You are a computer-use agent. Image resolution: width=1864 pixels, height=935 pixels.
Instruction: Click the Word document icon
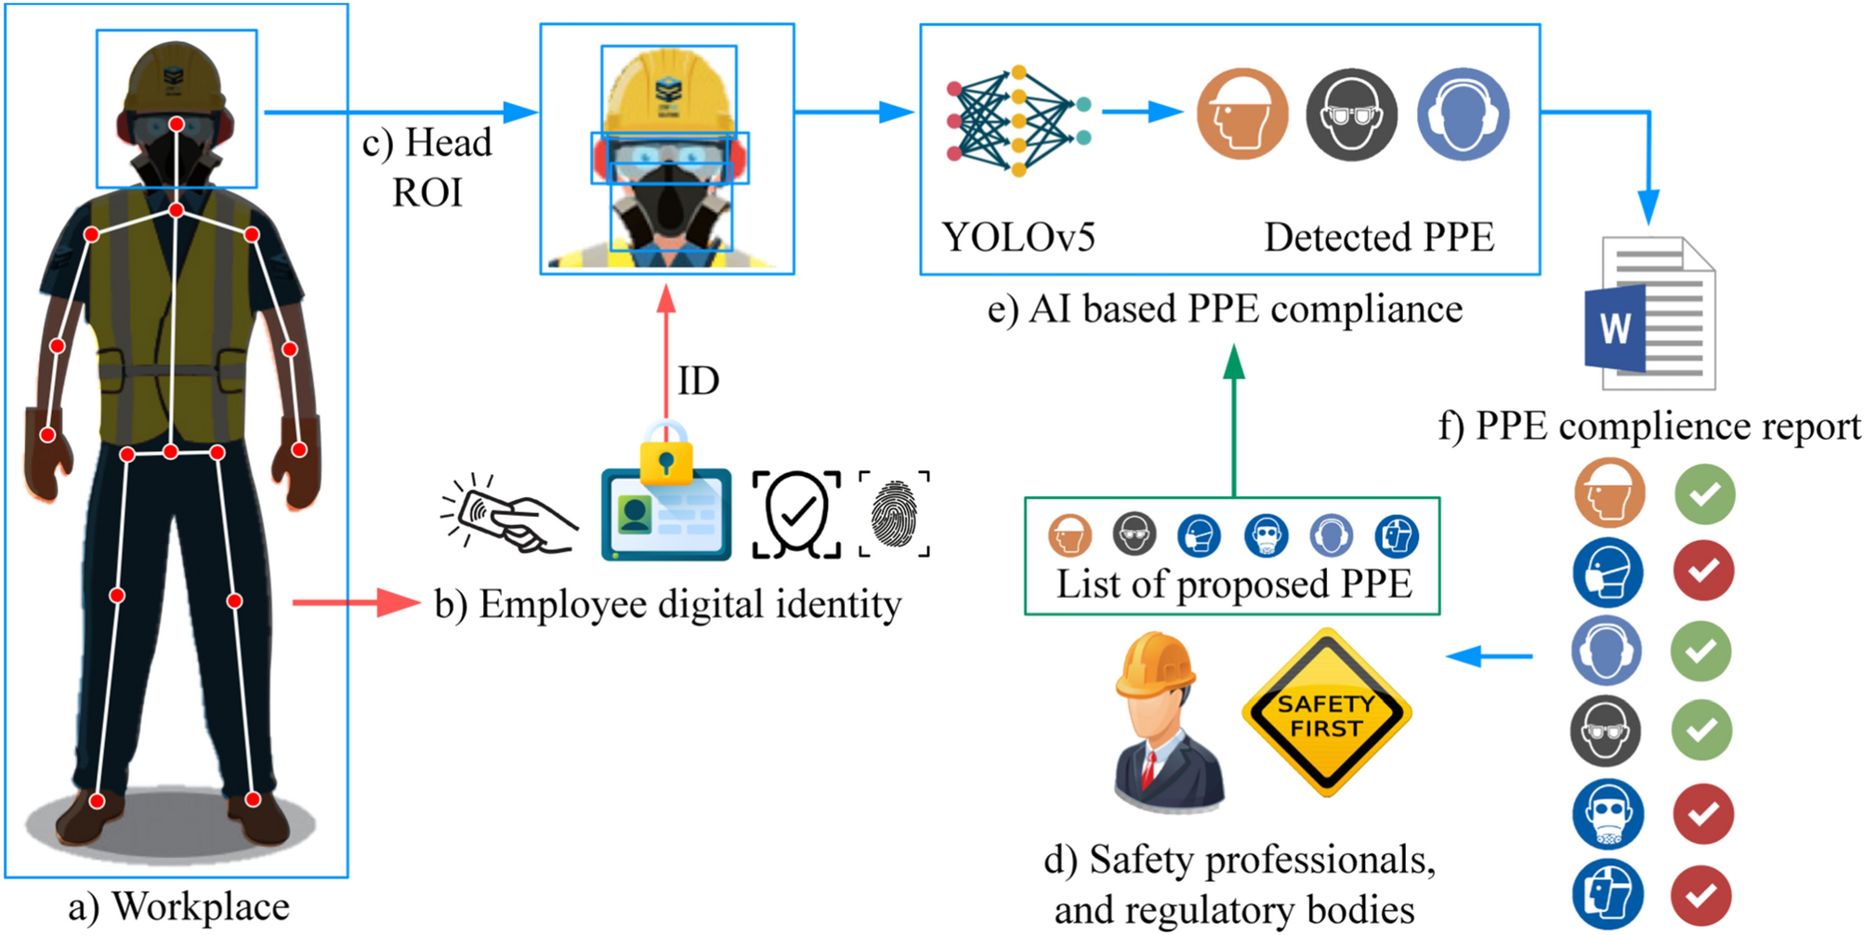click(x=1649, y=316)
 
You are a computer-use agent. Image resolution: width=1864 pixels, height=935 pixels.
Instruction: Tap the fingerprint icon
click(x=894, y=514)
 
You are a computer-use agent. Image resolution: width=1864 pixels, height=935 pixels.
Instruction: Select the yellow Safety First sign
click(x=1326, y=714)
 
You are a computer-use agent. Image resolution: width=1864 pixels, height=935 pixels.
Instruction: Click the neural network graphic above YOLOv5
click(x=1017, y=121)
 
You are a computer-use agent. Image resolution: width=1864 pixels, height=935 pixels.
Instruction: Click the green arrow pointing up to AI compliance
click(x=1233, y=418)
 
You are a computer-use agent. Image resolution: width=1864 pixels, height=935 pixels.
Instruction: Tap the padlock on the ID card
click(x=665, y=454)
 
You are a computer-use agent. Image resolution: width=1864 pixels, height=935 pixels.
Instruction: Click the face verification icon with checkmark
click(x=796, y=514)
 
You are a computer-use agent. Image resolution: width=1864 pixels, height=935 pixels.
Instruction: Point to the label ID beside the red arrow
click(x=698, y=381)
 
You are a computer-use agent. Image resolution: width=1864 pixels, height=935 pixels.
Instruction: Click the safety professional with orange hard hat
click(x=1166, y=720)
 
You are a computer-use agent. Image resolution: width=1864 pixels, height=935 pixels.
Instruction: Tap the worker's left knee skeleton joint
click(x=234, y=601)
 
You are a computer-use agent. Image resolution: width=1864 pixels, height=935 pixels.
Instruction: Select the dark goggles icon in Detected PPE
click(x=1351, y=115)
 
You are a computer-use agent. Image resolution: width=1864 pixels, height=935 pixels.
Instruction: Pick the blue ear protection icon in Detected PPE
click(x=1462, y=115)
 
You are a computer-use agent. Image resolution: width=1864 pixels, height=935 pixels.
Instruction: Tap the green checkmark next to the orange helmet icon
click(x=1704, y=494)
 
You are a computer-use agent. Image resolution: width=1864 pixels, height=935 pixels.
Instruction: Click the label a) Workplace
click(x=178, y=907)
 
